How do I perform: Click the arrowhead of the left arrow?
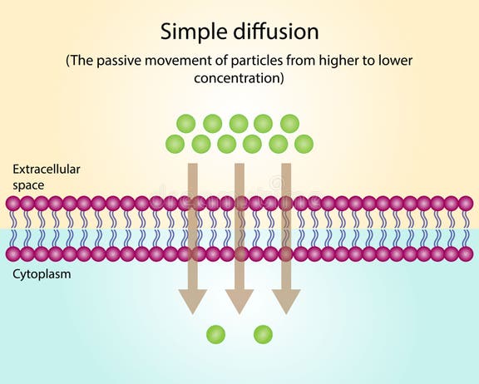(x=192, y=301)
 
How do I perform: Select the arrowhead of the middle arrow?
(x=239, y=301)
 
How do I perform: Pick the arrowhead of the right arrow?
(x=286, y=301)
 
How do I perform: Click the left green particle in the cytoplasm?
(x=215, y=334)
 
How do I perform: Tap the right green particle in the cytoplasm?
(x=264, y=334)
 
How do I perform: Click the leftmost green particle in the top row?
(x=186, y=124)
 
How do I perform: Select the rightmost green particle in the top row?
(x=289, y=124)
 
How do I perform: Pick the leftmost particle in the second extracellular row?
(x=175, y=144)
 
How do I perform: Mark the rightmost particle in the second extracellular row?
(x=304, y=144)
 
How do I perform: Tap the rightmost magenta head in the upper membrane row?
(x=466, y=203)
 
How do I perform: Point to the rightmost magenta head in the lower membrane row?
(x=466, y=254)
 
